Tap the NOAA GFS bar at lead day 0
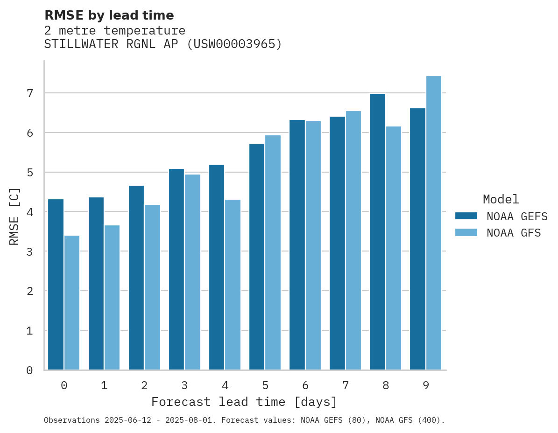(72, 303)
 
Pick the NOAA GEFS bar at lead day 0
(56, 285)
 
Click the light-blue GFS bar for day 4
(233, 285)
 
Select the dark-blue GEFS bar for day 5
(257, 257)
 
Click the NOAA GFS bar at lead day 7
(353, 240)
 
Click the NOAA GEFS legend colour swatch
(466, 216)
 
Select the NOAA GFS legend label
(514, 233)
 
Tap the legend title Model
(501, 199)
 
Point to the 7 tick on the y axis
(30, 93)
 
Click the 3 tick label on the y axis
(30, 251)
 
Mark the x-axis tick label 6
(305, 385)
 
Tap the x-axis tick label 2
(144, 385)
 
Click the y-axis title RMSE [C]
(14, 216)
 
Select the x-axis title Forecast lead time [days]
(244, 402)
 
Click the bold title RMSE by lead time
(109, 15)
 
